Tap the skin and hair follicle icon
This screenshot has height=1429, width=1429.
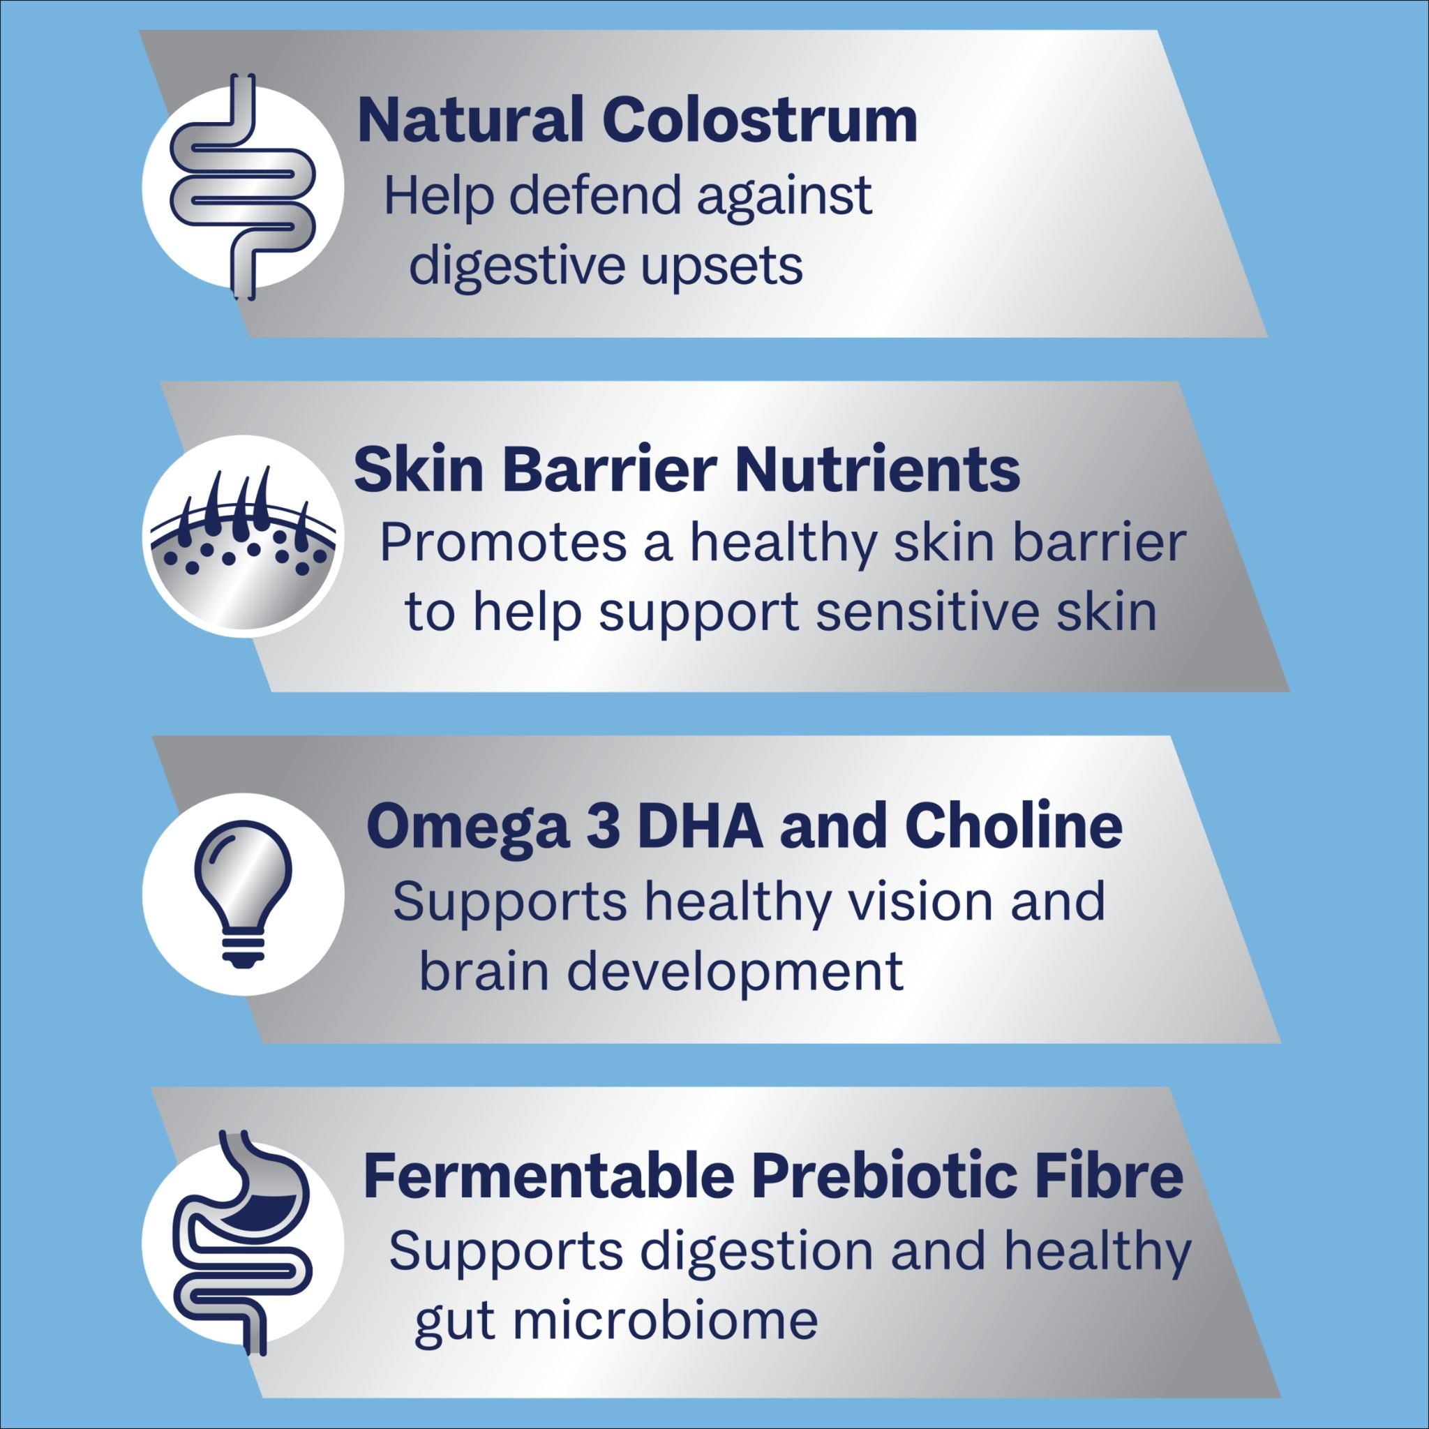pyautogui.click(x=244, y=537)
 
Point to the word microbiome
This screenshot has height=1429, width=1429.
pyautogui.click(x=666, y=1320)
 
